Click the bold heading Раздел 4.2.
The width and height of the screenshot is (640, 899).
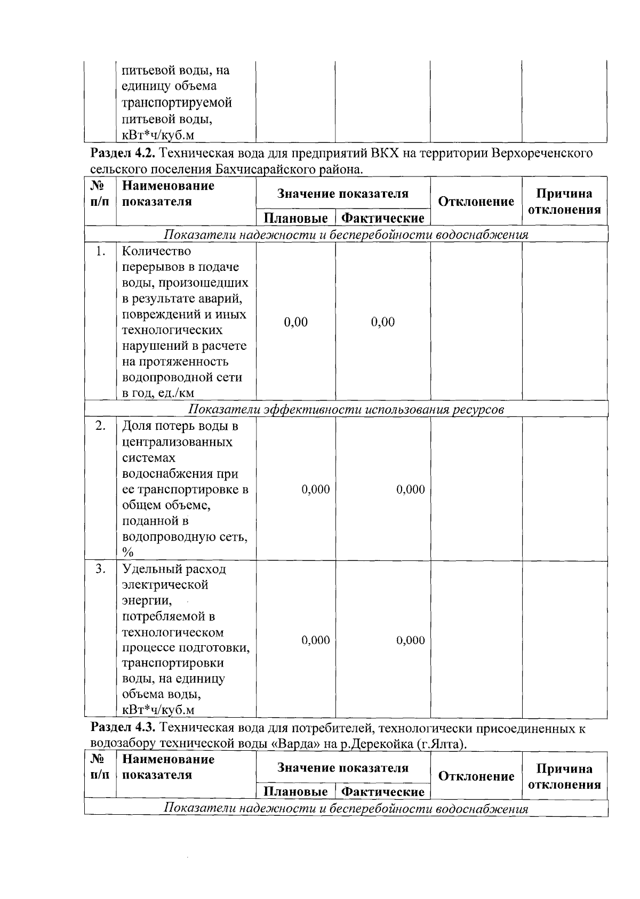tap(123, 154)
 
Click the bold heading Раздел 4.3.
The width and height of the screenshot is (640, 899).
tap(123, 728)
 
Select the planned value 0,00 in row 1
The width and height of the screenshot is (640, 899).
tap(295, 322)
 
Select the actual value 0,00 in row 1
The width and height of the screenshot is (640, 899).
tap(382, 322)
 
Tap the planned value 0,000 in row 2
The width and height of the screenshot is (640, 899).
tap(316, 489)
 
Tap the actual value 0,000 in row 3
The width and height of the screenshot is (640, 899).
tap(410, 640)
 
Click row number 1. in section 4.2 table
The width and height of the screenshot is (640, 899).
tap(100, 251)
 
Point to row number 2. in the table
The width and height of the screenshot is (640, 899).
tap(100, 427)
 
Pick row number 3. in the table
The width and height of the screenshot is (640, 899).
tap(100, 569)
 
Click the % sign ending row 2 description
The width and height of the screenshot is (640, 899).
tap(127, 552)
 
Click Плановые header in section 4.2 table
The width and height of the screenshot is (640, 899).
tap(295, 218)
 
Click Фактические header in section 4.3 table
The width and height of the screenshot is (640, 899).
tap(382, 792)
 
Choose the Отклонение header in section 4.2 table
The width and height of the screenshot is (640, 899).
tap(476, 202)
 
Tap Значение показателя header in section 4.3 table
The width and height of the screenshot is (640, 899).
tap(342, 768)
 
